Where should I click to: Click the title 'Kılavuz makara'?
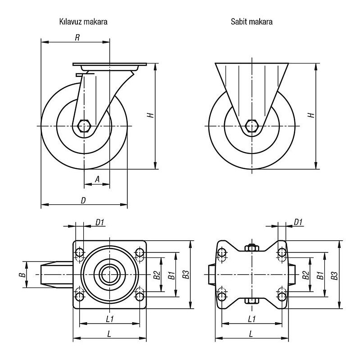click(82, 21)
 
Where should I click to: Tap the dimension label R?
click(77, 38)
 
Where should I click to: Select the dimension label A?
click(97, 179)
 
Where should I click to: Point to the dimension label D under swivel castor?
click(83, 200)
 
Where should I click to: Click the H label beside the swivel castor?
click(151, 115)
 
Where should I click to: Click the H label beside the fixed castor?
click(310, 115)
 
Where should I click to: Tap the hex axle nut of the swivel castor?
click(84, 126)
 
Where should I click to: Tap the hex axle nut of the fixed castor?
click(252, 126)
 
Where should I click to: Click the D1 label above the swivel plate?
click(100, 221)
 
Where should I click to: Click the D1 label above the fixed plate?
click(298, 221)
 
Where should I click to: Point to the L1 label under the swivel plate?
click(109, 319)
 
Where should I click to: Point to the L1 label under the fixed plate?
click(252, 319)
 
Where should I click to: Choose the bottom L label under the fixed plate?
click(250, 333)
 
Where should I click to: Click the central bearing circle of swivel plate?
click(109, 274)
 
